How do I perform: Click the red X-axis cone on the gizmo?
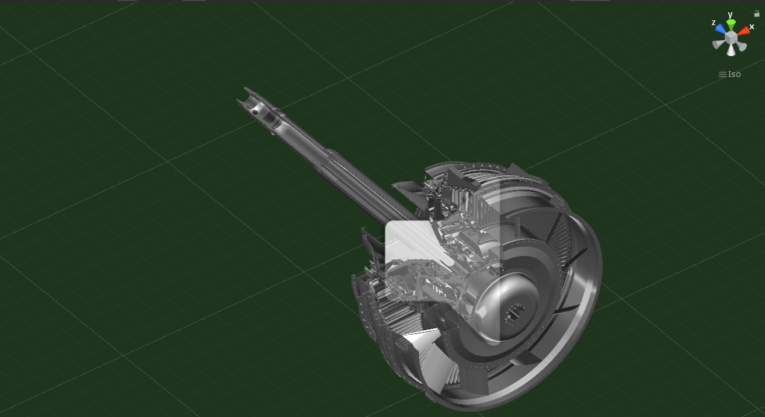click(x=743, y=31)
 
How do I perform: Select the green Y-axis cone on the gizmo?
click(x=731, y=24)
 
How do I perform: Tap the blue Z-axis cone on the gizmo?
click(x=721, y=29)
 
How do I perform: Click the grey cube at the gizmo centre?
click(x=731, y=37)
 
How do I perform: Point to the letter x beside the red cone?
click(x=752, y=27)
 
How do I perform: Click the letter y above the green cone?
click(x=730, y=15)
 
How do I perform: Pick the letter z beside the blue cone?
click(x=714, y=23)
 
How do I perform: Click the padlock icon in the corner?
click(x=757, y=13)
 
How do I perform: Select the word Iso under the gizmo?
click(x=735, y=74)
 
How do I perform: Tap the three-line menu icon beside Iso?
click(x=722, y=74)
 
